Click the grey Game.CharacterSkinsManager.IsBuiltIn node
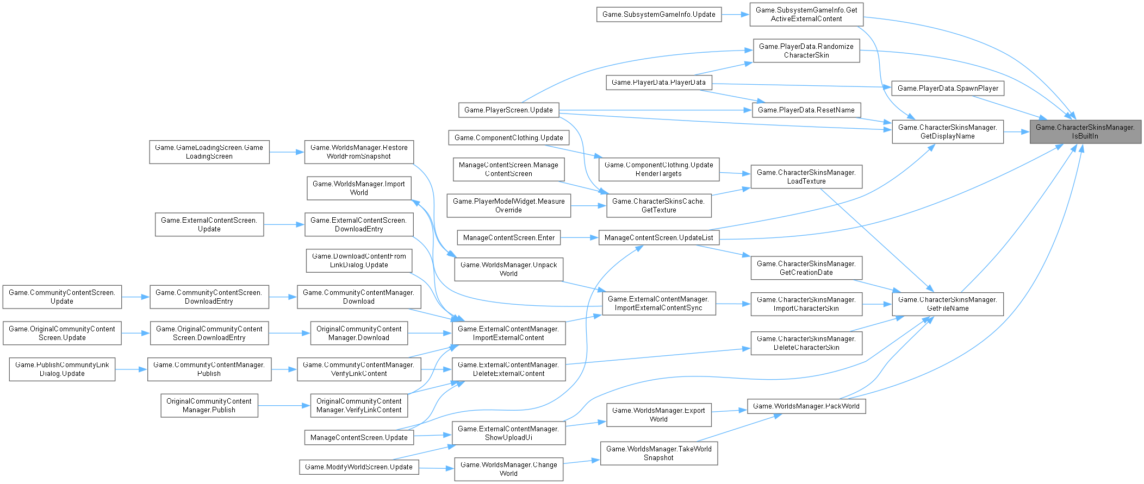[x=1085, y=131]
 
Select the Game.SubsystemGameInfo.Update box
[x=658, y=15]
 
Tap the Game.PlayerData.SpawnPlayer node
[x=947, y=88]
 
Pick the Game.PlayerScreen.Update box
[x=508, y=110]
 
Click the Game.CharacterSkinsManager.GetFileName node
[x=947, y=304]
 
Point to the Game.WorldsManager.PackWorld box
[x=806, y=406]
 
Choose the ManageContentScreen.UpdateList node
[x=658, y=237]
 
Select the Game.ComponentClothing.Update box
[x=508, y=137]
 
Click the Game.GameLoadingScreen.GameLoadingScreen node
[x=209, y=152]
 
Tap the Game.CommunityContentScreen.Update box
[x=62, y=297]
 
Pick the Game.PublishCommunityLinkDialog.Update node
[x=62, y=369]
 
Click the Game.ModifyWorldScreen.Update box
[x=358, y=467]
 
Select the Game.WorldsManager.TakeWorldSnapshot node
[x=658, y=453]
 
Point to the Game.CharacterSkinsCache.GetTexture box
[x=658, y=205]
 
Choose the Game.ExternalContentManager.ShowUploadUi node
[x=508, y=433]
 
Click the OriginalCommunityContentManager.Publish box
[x=209, y=405]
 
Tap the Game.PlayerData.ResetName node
[x=806, y=110]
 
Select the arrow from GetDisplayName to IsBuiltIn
[x=1016, y=131]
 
